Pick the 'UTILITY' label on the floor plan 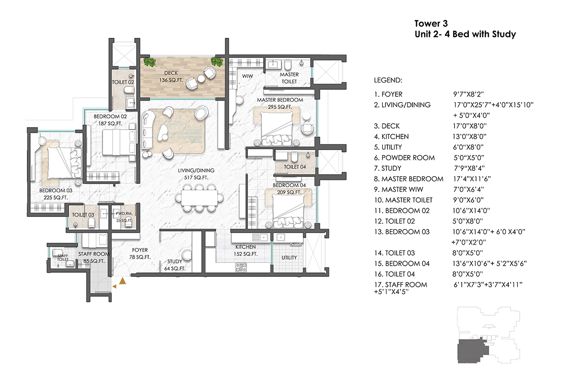tap(289, 258)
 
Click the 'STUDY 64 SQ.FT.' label tap(175, 265)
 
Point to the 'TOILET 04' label tap(294, 167)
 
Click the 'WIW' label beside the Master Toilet tap(247, 76)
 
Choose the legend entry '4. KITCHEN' tap(391, 137)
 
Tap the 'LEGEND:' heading tap(387, 80)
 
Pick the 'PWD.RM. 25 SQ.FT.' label tap(123, 217)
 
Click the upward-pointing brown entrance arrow tap(123, 280)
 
